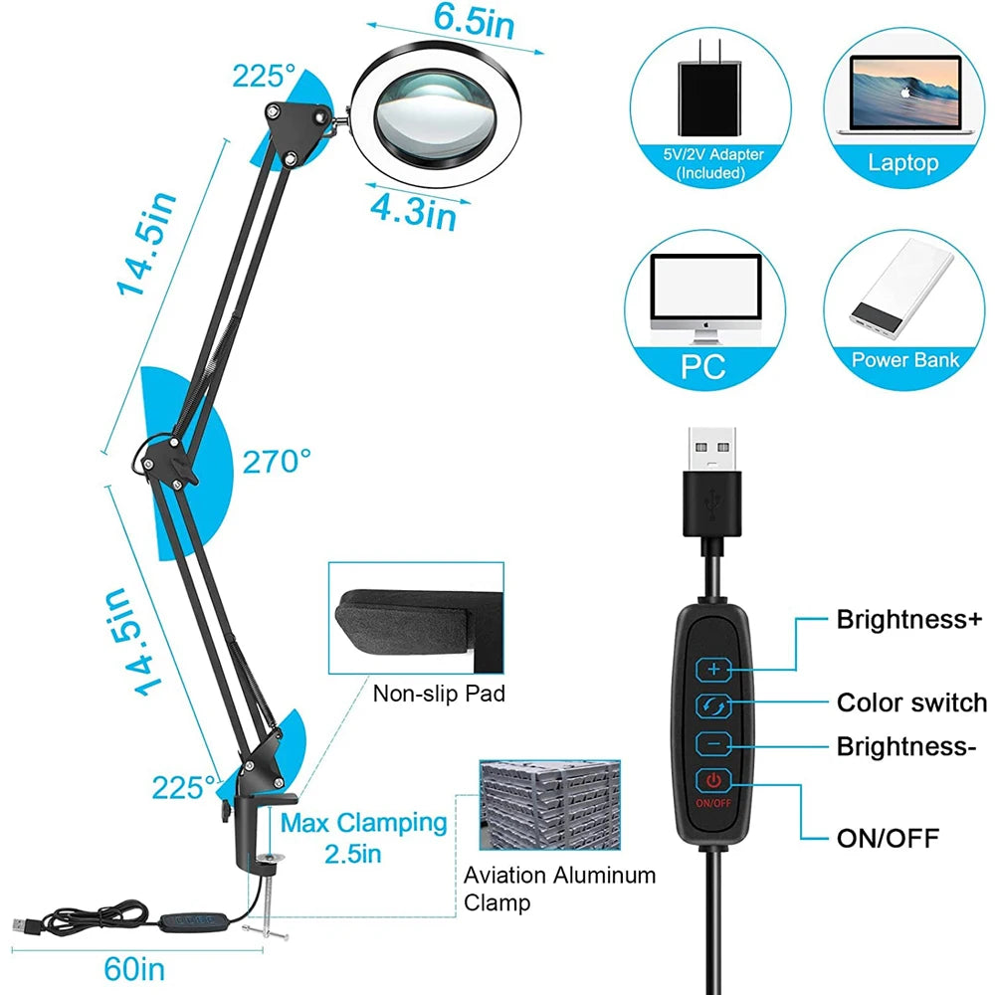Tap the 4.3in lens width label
(414, 211)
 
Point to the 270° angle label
(278, 462)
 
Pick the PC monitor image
(704, 298)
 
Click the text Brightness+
(908, 620)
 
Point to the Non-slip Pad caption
(439, 693)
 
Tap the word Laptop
(902, 162)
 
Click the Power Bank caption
(905, 359)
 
